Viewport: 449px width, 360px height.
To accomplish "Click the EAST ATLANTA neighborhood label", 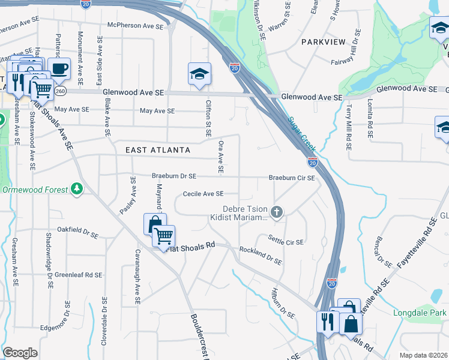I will pos(158,150).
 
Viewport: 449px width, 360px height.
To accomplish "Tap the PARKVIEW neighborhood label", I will pos(324,42).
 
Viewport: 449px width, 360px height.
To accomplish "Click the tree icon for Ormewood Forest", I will pos(76,189).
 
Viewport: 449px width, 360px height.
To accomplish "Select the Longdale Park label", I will pos(420,313).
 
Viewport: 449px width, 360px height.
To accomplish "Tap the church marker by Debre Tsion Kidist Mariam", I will pos(277,211).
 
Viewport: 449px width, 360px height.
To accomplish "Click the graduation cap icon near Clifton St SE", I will pos(199,74).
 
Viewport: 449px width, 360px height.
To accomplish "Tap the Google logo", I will pos(20,353).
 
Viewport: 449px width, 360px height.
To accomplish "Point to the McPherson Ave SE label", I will pos(136,25).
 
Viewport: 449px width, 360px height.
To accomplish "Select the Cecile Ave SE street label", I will pos(203,194).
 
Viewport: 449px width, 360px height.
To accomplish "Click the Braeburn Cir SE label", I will pos(292,178).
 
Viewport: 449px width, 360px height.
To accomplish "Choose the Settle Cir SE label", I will pos(286,242).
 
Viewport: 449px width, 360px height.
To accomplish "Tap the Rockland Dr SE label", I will pos(261,256).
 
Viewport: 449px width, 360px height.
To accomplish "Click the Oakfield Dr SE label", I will pos(77,229).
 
